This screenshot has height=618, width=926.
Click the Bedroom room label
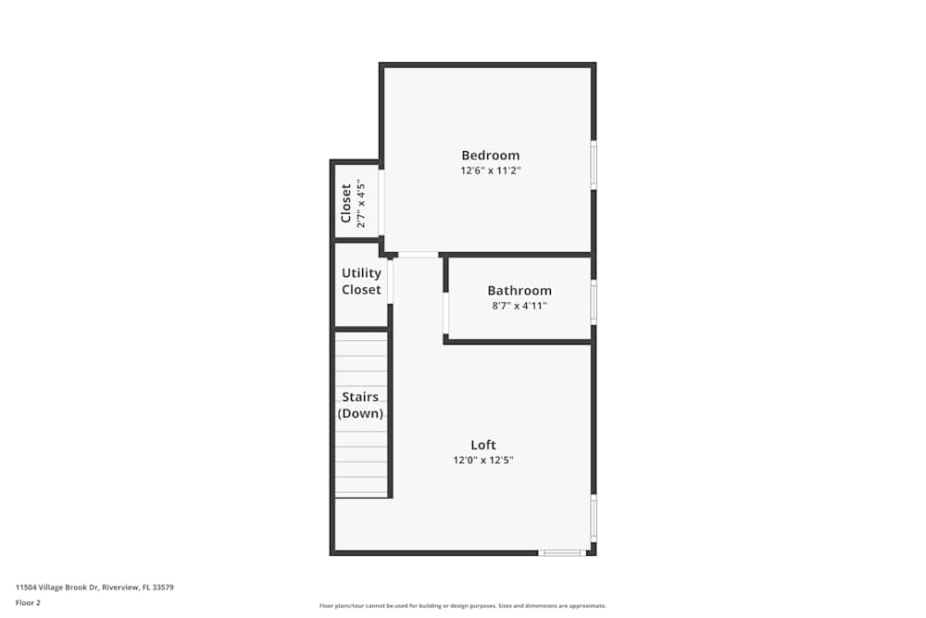(490, 156)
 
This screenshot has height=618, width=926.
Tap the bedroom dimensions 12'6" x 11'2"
(490, 171)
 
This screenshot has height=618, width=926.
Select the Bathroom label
(519, 291)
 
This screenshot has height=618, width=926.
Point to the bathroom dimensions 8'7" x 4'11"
(519, 306)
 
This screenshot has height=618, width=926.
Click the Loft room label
(483, 445)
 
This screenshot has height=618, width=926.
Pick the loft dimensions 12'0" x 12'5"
(483, 460)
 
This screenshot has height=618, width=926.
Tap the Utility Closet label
(361, 282)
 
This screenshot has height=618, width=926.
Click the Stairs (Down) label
(360, 406)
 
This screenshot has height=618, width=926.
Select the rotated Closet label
(346, 203)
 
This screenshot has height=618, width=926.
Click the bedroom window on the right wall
(594, 165)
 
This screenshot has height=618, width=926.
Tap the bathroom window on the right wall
(594, 301)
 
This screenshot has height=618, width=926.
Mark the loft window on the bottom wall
(562, 553)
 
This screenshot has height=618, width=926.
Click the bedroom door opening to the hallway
(419, 255)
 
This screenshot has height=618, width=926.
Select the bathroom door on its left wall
(445, 313)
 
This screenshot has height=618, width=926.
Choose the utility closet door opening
(391, 281)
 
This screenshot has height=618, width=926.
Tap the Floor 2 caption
(28, 602)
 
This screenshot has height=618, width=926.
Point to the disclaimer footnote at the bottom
(463, 606)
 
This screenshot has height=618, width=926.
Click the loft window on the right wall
(594, 517)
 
